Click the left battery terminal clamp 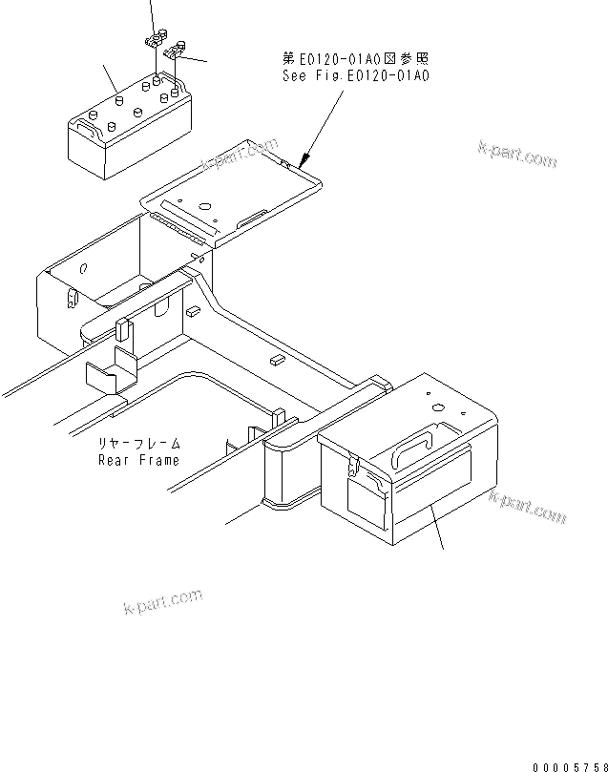point(153,41)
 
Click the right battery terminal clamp point(175,52)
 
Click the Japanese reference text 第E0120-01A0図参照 point(356,59)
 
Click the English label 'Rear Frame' point(138,460)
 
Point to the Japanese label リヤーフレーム point(138,445)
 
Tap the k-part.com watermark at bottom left point(163,601)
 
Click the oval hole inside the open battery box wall point(84,269)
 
